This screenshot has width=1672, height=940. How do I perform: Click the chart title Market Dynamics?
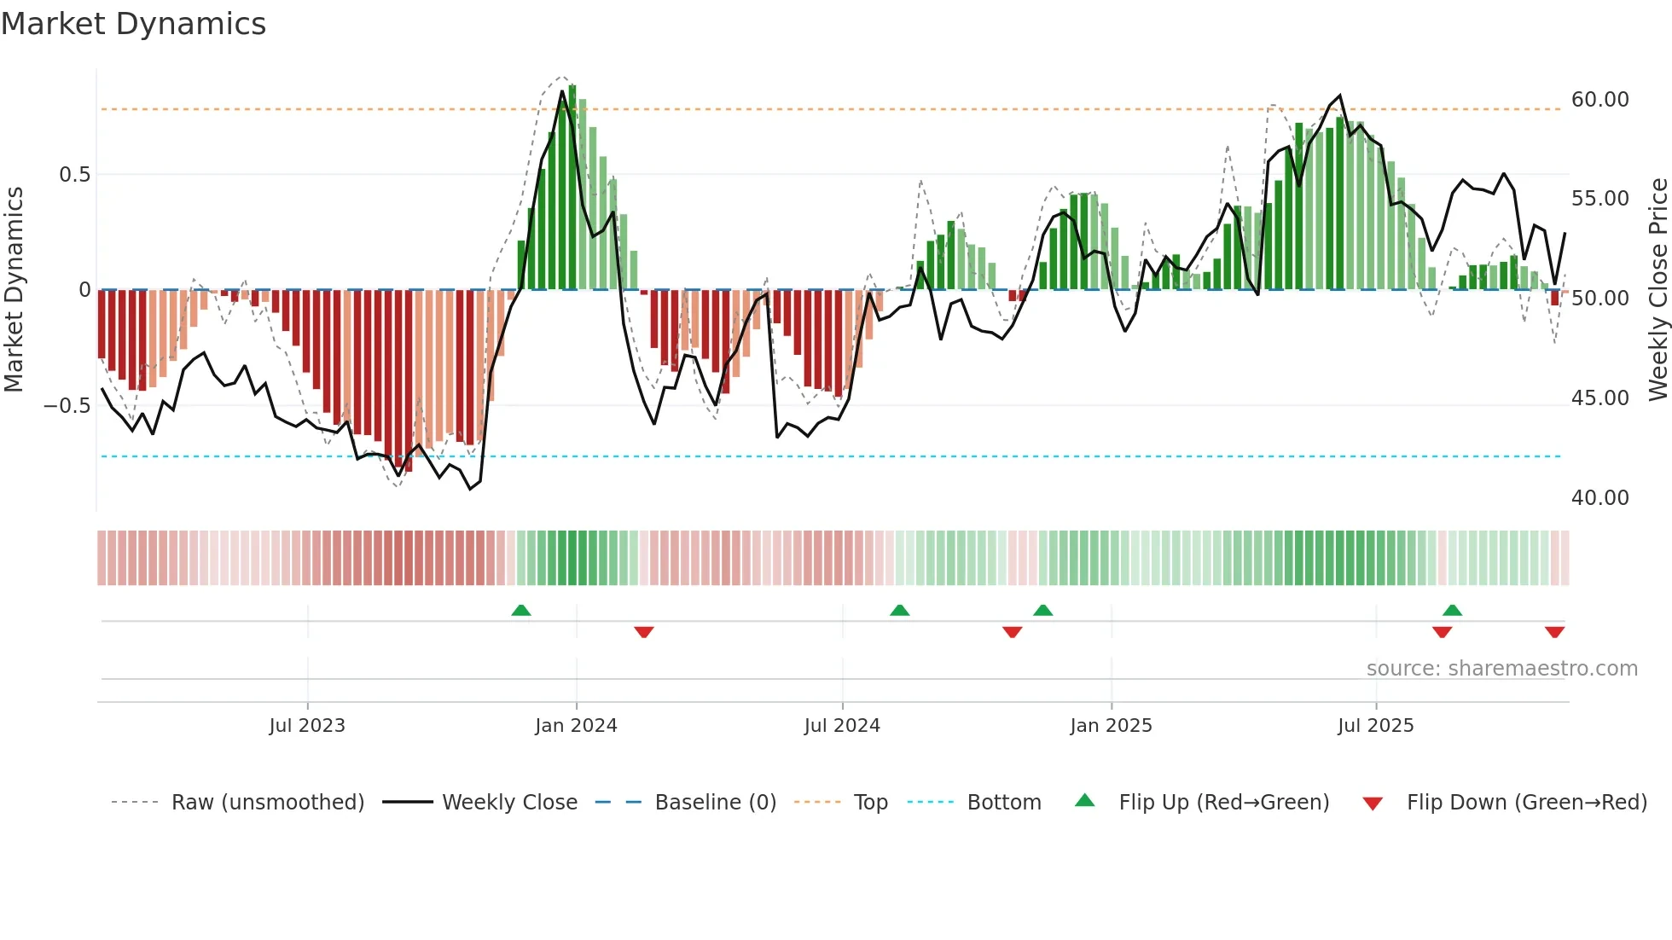pyautogui.click(x=133, y=24)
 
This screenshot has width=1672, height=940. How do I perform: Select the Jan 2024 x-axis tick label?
pyautogui.click(x=576, y=726)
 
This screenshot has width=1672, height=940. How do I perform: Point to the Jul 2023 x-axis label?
pyautogui.click(x=307, y=726)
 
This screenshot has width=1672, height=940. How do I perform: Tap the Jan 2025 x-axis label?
pyautogui.click(x=1111, y=726)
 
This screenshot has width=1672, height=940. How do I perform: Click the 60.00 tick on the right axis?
pyautogui.click(x=1599, y=100)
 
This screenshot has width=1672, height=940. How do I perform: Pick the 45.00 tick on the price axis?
pyautogui.click(x=1599, y=398)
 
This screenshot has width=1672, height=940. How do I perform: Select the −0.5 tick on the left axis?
pyautogui.click(x=67, y=406)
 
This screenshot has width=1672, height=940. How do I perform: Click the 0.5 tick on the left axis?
pyautogui.click(x=74, y=175)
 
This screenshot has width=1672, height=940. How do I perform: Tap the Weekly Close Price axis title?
pyautogui.click(x=1657, y=290)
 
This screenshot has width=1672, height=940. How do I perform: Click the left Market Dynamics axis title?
pyautogui.click(x=14, y=290)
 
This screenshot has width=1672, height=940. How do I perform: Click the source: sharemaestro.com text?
pyautogui.click(x=1501, y=669)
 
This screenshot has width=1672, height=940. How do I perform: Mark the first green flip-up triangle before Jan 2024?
pyautogui.click(x=521, y=610)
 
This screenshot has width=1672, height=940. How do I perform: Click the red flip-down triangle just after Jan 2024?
pyautogui.click(x=644, y=632)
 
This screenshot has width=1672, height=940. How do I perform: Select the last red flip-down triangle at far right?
pyautogui.click(x=1554, y=632)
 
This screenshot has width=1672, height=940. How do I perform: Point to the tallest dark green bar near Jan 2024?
pyautogui.click(x=572, y=188)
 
